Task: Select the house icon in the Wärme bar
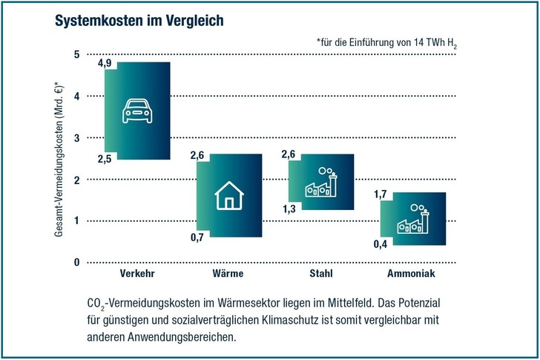[229, 198]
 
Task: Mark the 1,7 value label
[380, 195]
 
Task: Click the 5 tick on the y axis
[76, 54]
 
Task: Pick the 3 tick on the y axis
[76, 138]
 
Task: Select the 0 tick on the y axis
[76, 262]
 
